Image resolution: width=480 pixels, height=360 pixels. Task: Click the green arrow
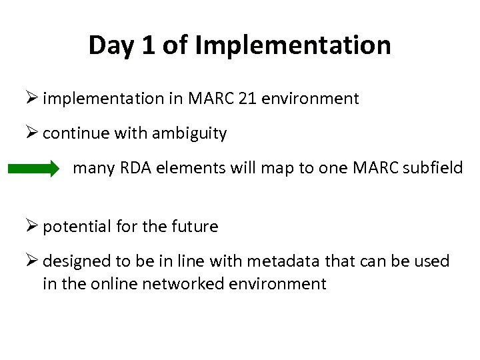(33, 169)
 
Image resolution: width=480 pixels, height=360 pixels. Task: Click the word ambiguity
(189, 134)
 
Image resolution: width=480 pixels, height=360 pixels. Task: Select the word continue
(72, 133)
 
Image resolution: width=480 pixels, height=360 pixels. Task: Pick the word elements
(183, 167)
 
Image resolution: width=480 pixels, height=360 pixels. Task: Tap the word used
(434, 261)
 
